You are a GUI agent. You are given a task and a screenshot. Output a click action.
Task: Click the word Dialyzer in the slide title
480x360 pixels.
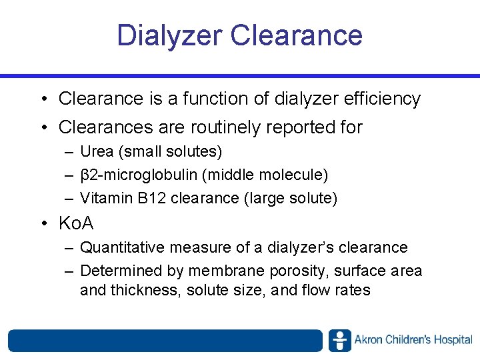(169, 35)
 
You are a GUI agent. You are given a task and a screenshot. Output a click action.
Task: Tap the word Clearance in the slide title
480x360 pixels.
(297, 35)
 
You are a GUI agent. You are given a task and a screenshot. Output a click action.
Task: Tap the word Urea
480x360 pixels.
(97, 152)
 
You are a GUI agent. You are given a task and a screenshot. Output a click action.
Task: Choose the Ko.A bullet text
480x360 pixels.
(76, 223)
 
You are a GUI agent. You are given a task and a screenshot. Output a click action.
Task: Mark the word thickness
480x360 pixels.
(143, 291)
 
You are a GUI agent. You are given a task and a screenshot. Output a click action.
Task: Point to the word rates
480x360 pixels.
(352, 291)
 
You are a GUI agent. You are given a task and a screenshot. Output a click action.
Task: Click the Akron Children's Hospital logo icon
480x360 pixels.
(339, 340)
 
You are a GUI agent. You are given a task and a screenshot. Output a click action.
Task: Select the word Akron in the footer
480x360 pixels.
(367, 340)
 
